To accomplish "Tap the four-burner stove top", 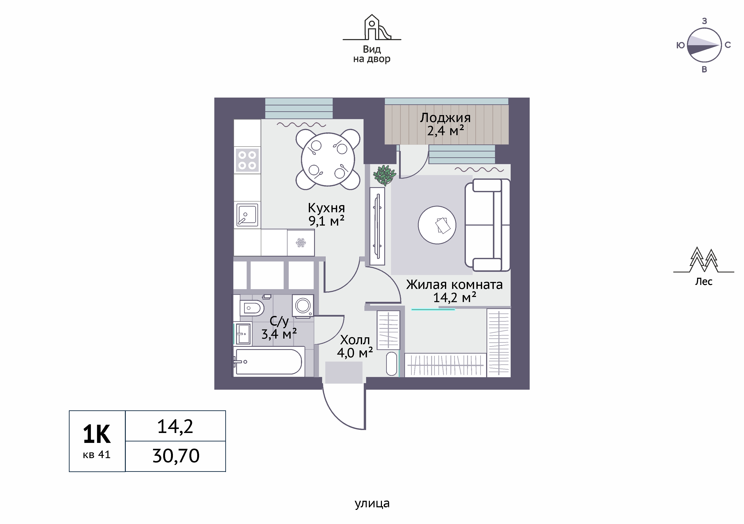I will click(247, 160).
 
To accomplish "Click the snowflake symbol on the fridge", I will click(301, 242).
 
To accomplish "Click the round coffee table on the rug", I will click(437, 225).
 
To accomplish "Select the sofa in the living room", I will click(487, 225).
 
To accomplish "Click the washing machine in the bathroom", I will click(303, 305).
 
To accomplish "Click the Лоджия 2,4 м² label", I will click(445, 124).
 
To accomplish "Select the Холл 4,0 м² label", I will click(355, 346).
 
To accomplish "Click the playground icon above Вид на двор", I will click(372, 27).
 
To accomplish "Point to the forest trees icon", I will click(703, 260).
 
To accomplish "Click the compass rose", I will click(704, 45).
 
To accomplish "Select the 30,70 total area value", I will click(176, 456).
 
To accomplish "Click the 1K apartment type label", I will click(97, 435).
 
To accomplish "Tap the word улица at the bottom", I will click(372, 503).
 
